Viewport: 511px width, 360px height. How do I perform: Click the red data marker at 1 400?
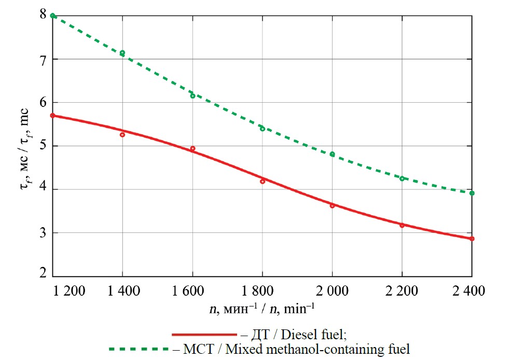pos(122,134)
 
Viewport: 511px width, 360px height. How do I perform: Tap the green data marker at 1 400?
pos(122,53)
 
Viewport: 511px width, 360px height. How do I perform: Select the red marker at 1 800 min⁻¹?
pos(263,181)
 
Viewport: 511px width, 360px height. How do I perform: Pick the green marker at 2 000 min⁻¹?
pos(332,154)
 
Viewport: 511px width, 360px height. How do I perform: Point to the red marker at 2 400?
pos(472,239)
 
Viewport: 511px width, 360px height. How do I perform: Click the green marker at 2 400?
pos(472,193)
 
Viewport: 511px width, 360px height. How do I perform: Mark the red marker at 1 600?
pos(192,149)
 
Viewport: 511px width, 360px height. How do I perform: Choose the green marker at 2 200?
pos(402,178)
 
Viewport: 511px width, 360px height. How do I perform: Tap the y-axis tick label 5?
pos(43,146)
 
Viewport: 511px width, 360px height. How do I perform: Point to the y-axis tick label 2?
pos(43,276)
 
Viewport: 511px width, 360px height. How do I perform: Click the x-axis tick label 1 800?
pos(262,291)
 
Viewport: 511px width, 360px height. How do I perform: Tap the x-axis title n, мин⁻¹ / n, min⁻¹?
pos(262,309)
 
